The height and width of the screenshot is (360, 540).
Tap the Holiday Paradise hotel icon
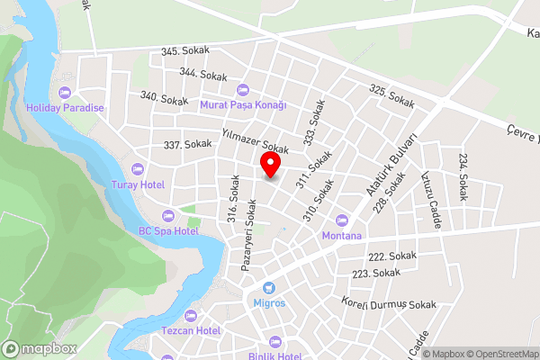[64, 93]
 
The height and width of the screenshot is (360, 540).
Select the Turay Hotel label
[138, 184]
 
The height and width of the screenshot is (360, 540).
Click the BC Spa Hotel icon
[167, 215]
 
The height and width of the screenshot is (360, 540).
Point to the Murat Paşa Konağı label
[242, 104]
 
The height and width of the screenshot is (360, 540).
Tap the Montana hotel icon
[341, 220]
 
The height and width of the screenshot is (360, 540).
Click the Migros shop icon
[267, 288]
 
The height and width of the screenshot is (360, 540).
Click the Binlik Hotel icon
[274, 343]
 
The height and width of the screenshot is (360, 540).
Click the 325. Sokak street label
[391, 95]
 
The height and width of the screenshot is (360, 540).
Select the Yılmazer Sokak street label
[254, 140]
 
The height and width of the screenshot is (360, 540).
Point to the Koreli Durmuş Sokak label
[388, 303]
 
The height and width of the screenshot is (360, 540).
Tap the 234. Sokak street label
[463, 175]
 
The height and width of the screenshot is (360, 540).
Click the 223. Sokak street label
[375, 273]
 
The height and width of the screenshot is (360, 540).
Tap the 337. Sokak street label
[187, 144]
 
